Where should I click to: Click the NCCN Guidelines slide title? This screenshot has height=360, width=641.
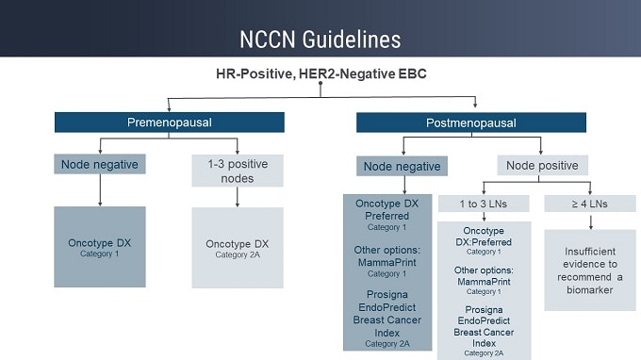click(320, 40)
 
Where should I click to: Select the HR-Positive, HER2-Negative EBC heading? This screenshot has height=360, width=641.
click(320, 73)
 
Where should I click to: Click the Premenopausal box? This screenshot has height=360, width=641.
click(169, 123)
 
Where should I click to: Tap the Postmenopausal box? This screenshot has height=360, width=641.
click(470, 123)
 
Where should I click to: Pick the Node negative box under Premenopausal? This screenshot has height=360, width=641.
click(100, 165)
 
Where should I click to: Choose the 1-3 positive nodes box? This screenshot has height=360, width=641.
click(237, 171)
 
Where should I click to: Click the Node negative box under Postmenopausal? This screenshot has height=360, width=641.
click(402, 167)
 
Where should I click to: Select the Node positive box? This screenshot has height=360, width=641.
click(541, 165)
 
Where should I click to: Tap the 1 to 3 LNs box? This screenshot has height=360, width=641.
click(484, 204)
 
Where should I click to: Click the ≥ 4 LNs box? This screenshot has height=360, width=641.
click(590, 204)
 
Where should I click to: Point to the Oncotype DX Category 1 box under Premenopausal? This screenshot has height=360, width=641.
click(100, 247)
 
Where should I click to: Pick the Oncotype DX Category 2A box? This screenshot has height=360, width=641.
click(237, 248)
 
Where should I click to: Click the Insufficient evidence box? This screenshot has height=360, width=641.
click(590, 270)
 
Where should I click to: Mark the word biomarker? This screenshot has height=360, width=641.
click(590, 290)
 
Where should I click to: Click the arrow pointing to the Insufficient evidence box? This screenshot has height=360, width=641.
click(590, 221)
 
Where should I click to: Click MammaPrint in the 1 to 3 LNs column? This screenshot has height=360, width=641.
click(484, 282)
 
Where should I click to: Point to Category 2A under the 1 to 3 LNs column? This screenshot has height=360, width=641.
click(484, 352)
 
